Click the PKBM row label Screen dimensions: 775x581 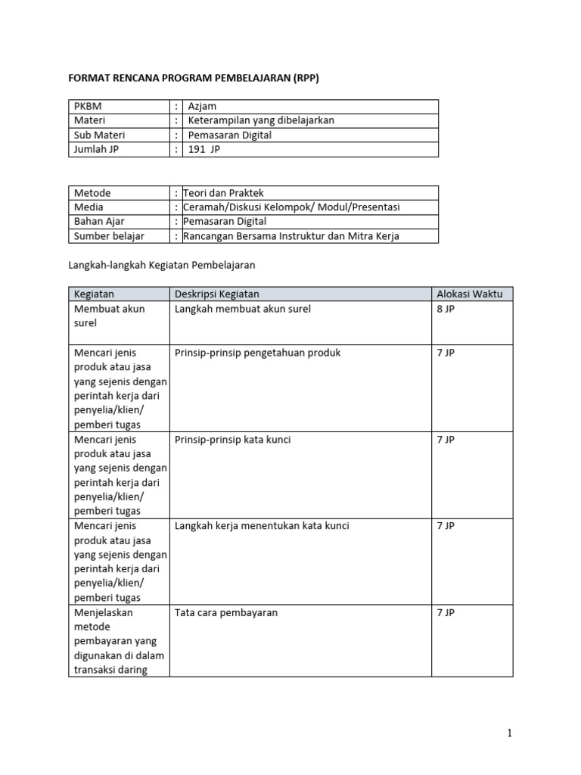[88, 107]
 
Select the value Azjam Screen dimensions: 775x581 [203, 107]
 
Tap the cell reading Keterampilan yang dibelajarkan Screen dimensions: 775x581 [261, 121]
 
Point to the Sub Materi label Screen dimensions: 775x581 [99, 135]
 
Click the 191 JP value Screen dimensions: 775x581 [205, 150]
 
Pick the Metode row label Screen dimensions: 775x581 [92, 193]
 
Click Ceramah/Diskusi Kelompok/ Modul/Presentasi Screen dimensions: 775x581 [291, 207]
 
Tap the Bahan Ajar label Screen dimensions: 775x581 [99, 222]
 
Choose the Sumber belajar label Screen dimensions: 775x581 [109, 236]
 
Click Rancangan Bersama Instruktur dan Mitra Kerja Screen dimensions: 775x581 [291, 236]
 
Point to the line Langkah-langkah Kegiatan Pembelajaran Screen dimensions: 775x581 [162, 265]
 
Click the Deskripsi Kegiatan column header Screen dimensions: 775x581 [218, 294]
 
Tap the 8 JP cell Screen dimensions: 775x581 [446, 309]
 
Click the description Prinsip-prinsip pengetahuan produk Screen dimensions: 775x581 [258, 353]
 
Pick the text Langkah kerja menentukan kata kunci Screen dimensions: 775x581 [262, 526]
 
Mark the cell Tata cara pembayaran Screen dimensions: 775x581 [226, 612]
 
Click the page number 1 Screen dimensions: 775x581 [510, 733]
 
